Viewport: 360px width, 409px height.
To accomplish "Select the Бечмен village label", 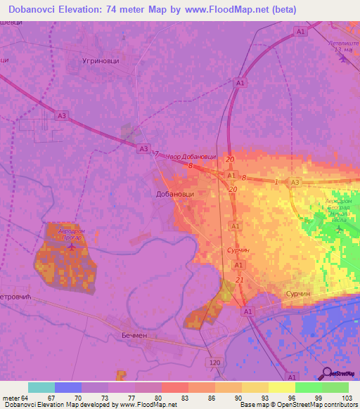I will click(136, 335).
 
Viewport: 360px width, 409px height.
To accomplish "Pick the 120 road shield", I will click(216, 361).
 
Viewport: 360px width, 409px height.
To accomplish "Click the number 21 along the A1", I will click(240, 280).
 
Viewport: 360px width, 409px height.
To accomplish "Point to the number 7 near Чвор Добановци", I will click(157, 155).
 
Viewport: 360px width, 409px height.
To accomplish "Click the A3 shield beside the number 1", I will click(295, 182).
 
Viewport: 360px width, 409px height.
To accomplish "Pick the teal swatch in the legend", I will click(41, 387).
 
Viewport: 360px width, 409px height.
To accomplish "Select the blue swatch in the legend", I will click(68, 387).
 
